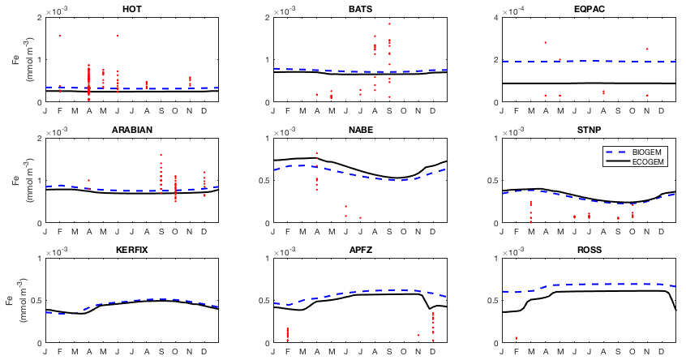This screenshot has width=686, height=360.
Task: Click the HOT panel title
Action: (x=129, y=9)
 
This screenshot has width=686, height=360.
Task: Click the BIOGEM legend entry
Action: (x=645, y=152)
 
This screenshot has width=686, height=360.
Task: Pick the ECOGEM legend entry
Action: (x=645, y=162)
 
